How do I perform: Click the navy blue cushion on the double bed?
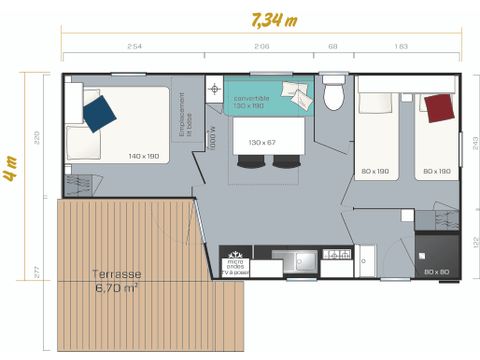(x=100, y=112)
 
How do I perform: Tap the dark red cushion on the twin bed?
(x=438, y=106)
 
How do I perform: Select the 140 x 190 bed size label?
(x=144, y=156)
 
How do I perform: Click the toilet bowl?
(x=335, y=95)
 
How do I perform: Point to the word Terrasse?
(x=116, y=274)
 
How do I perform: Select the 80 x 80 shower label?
(x=436, y=272)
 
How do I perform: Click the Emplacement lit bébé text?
(x=183, y=115)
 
